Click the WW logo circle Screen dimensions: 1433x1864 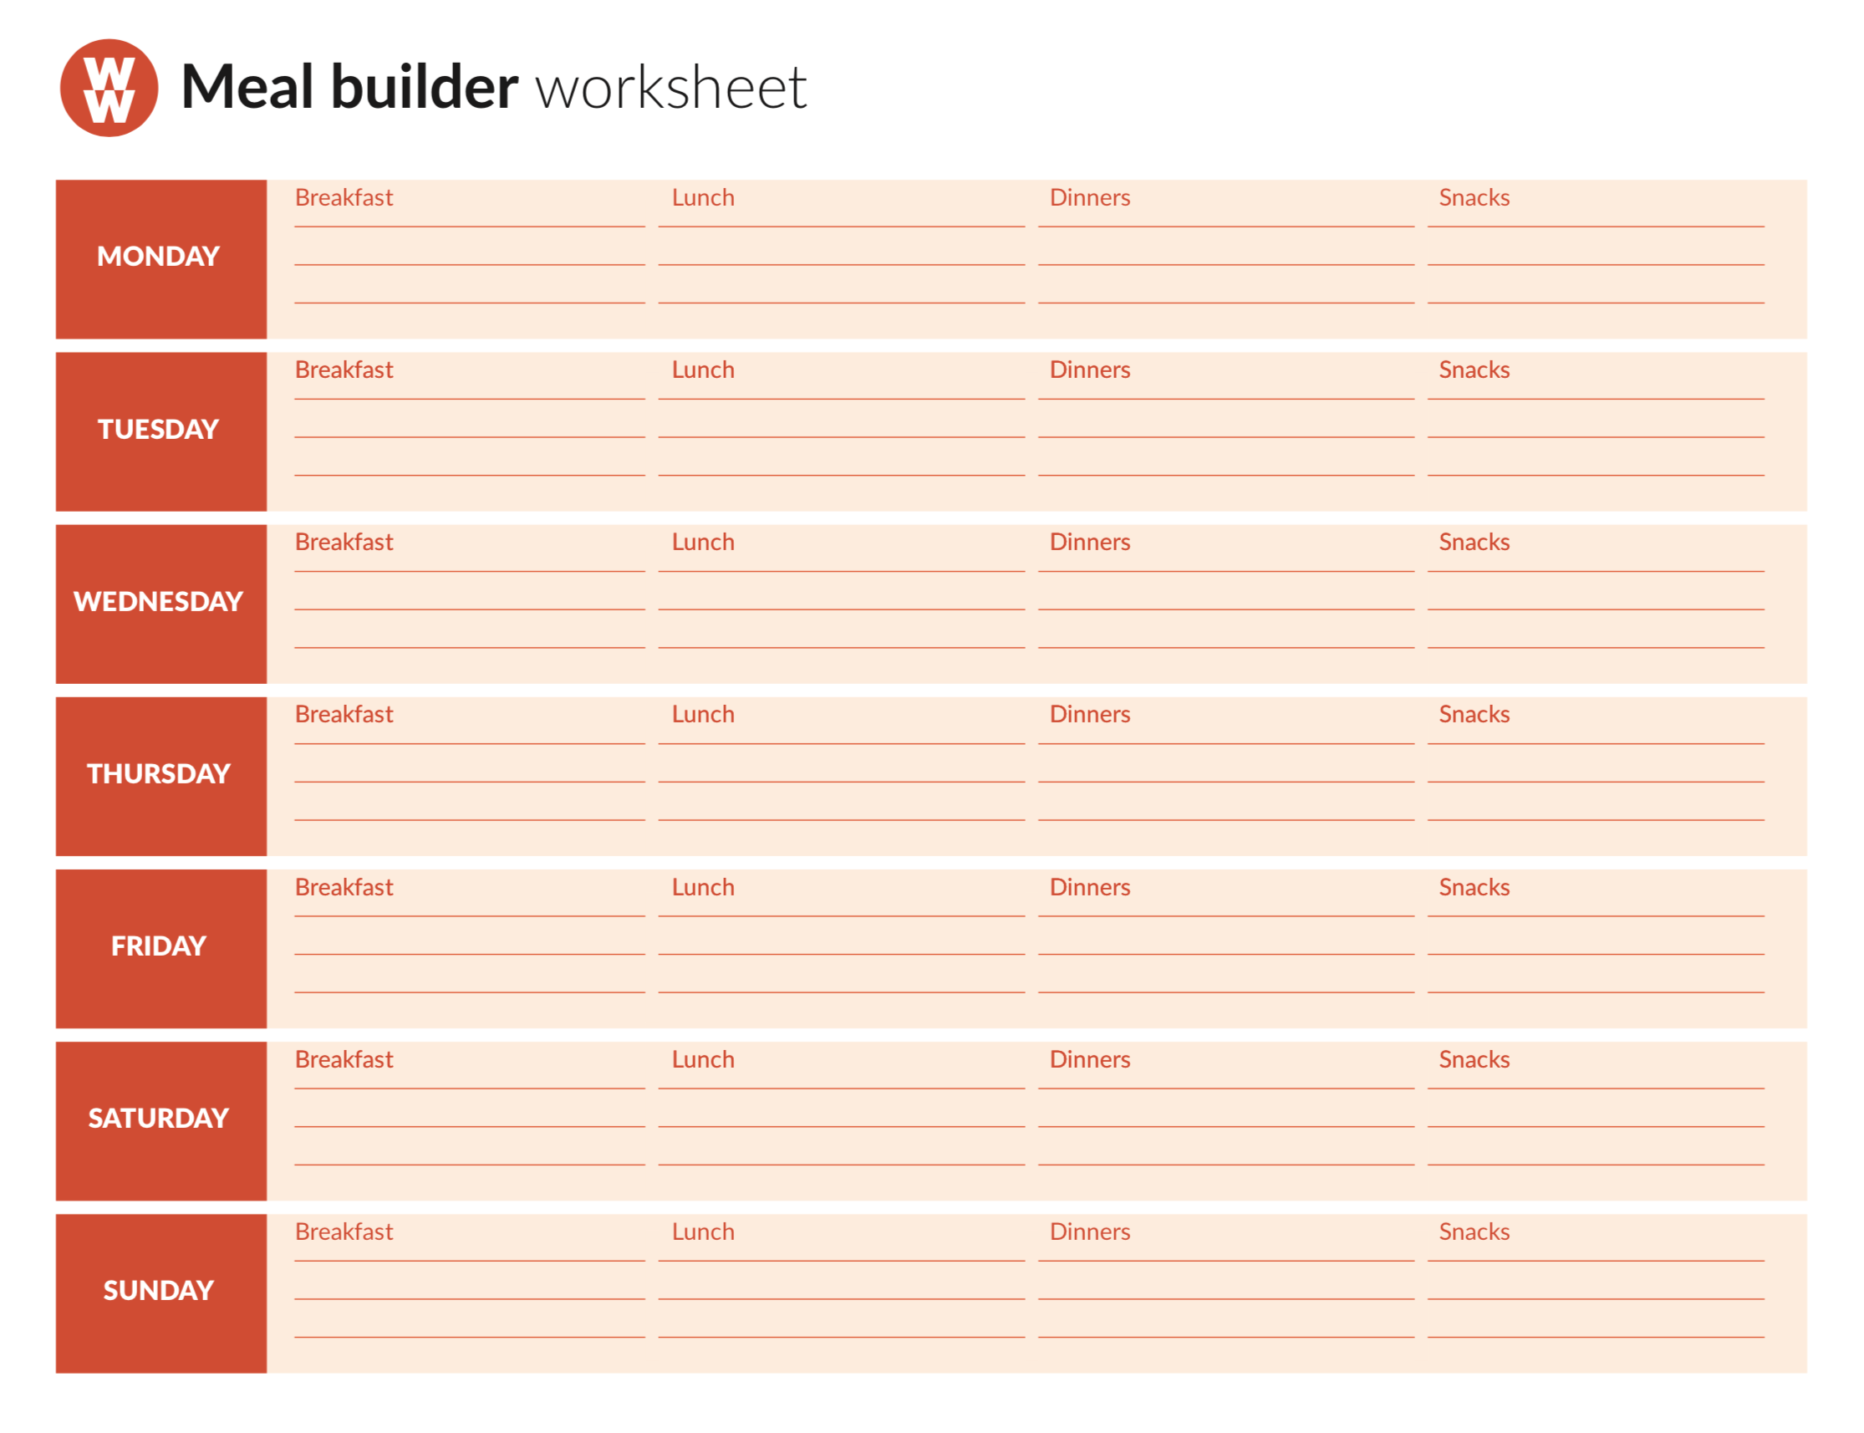(109, 87)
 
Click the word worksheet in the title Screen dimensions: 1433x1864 (670, 87)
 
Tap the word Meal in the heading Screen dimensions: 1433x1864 (247, 87)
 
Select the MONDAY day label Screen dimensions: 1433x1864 (159, 256)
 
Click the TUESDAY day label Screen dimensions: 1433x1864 (159, 428)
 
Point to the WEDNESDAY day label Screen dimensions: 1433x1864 (159, 600)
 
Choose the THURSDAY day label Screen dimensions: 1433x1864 (159, 773)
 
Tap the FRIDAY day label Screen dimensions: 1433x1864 (159, 945)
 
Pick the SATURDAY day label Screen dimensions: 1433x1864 (159, 1118)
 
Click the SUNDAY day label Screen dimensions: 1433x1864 (159, 1290)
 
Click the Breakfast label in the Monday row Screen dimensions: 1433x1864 (344, 198)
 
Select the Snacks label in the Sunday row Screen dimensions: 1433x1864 (1474, 1232)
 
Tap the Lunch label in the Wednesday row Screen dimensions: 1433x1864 (703, 543)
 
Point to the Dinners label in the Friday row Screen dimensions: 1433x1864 (1089, 887)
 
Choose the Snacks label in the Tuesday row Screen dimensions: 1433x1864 (1474, 370)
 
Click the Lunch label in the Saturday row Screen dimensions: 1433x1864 (703, 1059)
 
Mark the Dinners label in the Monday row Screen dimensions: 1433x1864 (1089, 198)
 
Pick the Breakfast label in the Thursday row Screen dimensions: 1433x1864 (344, 715)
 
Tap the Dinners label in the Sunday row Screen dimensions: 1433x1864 (1089, 1232)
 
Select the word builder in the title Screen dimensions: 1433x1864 (424, 87)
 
